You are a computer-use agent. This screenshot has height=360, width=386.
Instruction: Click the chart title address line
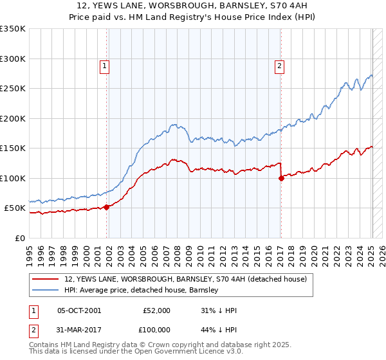coord(193,6)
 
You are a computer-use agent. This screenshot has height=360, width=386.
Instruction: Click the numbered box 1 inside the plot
coord(104,64)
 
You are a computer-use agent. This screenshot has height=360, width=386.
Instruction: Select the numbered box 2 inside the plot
coord(280,64)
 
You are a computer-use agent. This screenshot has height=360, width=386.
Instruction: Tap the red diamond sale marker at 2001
coord(107,207)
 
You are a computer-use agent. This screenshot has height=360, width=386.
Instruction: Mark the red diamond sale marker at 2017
coord(281,179)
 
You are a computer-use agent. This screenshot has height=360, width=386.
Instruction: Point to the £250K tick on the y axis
coord(14,89)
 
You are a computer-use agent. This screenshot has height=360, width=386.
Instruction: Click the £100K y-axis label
coord(14,178)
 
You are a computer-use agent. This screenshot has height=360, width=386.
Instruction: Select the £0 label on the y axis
coord(19,238)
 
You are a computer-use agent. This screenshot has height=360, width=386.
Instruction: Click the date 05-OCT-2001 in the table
coord(79,310)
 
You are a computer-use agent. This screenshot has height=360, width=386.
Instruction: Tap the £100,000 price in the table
coord(156,328)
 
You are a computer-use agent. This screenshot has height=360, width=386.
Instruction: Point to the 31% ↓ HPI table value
coord(219,310)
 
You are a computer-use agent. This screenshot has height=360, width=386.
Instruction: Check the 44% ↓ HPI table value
coord(219,328)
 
